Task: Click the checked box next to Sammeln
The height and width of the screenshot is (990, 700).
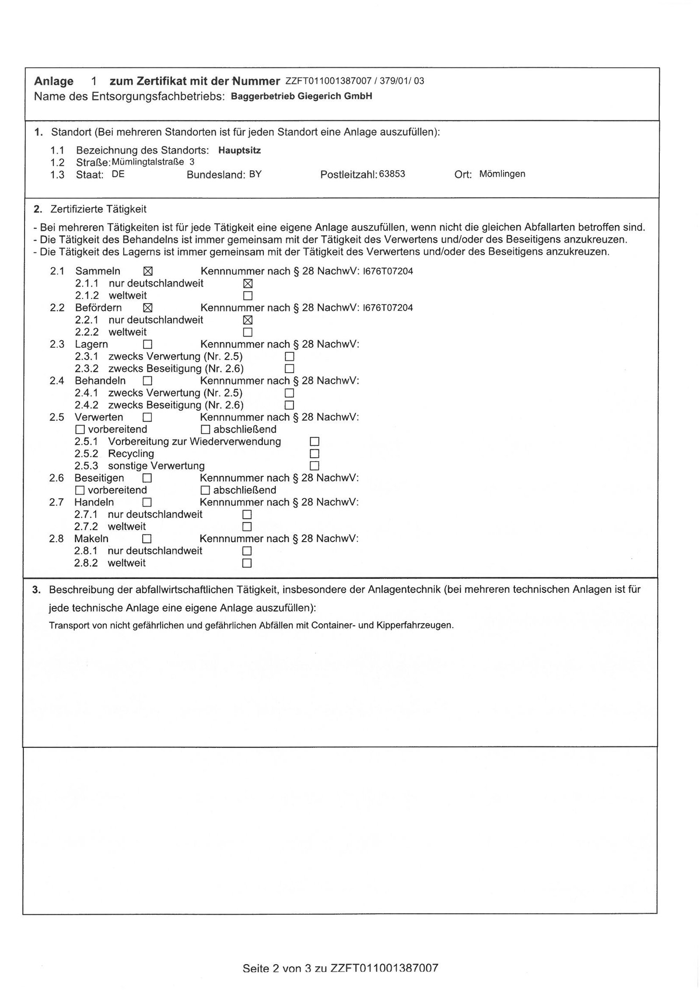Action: (148, 271)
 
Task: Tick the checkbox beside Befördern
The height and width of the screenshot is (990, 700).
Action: (148, 308)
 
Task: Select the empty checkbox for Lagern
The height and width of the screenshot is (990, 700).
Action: (148, 344)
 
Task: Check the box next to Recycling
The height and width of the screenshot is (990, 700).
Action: (314, 454)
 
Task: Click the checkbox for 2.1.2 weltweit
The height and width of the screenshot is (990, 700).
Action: (248, 296)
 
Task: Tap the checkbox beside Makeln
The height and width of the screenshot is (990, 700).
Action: (147, 539)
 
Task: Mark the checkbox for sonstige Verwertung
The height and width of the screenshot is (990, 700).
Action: (314, 465)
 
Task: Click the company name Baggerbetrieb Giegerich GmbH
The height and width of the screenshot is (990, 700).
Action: (301, 96)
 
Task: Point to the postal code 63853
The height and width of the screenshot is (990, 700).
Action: (392, 174)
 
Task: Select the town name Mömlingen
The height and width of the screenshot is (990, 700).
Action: (502, 174)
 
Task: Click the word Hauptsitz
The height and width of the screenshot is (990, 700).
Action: (240, 150)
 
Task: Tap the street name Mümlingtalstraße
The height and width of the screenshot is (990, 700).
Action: (148, 162)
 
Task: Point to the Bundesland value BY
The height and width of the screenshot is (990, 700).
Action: (255, 174)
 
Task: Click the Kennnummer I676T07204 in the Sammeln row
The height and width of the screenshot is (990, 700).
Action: (388, 271)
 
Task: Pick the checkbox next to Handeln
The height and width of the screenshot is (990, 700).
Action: (147, 502)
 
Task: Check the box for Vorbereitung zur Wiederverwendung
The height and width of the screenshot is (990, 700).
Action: (314, 441)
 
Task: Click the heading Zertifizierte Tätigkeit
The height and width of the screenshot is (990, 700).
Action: (98, 209)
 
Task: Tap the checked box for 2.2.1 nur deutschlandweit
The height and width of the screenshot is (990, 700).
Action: (248, 320)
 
